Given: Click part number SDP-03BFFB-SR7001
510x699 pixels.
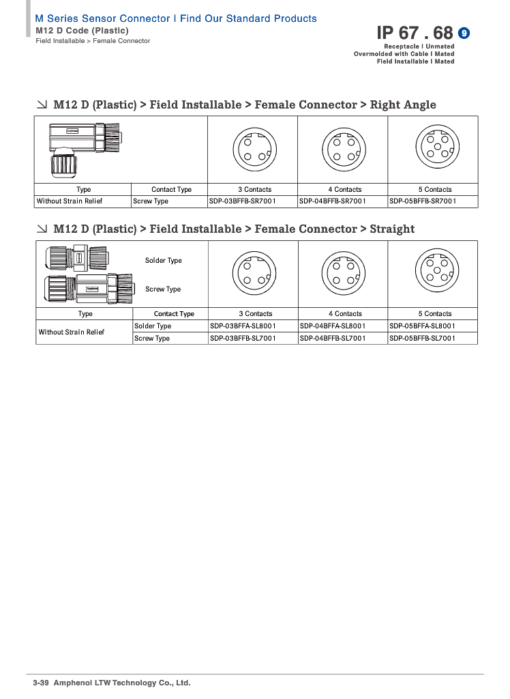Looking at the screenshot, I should [x=242, y=201].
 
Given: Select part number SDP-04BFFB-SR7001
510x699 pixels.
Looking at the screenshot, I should [x=332, y=201].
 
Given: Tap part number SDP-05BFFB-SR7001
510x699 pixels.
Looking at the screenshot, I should [x=423, y=201].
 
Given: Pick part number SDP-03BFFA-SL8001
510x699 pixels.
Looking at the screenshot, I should [x=243, y=326].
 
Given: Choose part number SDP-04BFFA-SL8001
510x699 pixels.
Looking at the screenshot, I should [x=333, y=326].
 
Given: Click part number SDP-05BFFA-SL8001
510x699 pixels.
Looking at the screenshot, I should [x=422, y=326].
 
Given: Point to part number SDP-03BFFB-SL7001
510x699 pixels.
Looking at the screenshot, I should [x=243, y=339].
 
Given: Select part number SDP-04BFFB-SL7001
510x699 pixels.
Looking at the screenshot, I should [x=333, y=339].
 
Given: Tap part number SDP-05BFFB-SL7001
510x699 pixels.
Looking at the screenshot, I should [x=422, y=339].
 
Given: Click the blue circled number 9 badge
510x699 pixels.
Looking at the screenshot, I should [x=464, y=33].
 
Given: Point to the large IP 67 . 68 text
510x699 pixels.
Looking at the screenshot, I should [x=415, y=33].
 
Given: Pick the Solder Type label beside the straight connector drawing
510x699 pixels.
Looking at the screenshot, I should [x=164, y=261].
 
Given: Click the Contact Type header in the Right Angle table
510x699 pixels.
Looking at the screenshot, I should [x=171, y=190].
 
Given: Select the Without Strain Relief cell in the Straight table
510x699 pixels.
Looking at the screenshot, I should [x=72, y=332].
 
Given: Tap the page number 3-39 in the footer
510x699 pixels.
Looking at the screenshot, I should [x=41, y=683].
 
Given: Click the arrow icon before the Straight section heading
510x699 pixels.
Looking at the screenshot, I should [x=42, y=229].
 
